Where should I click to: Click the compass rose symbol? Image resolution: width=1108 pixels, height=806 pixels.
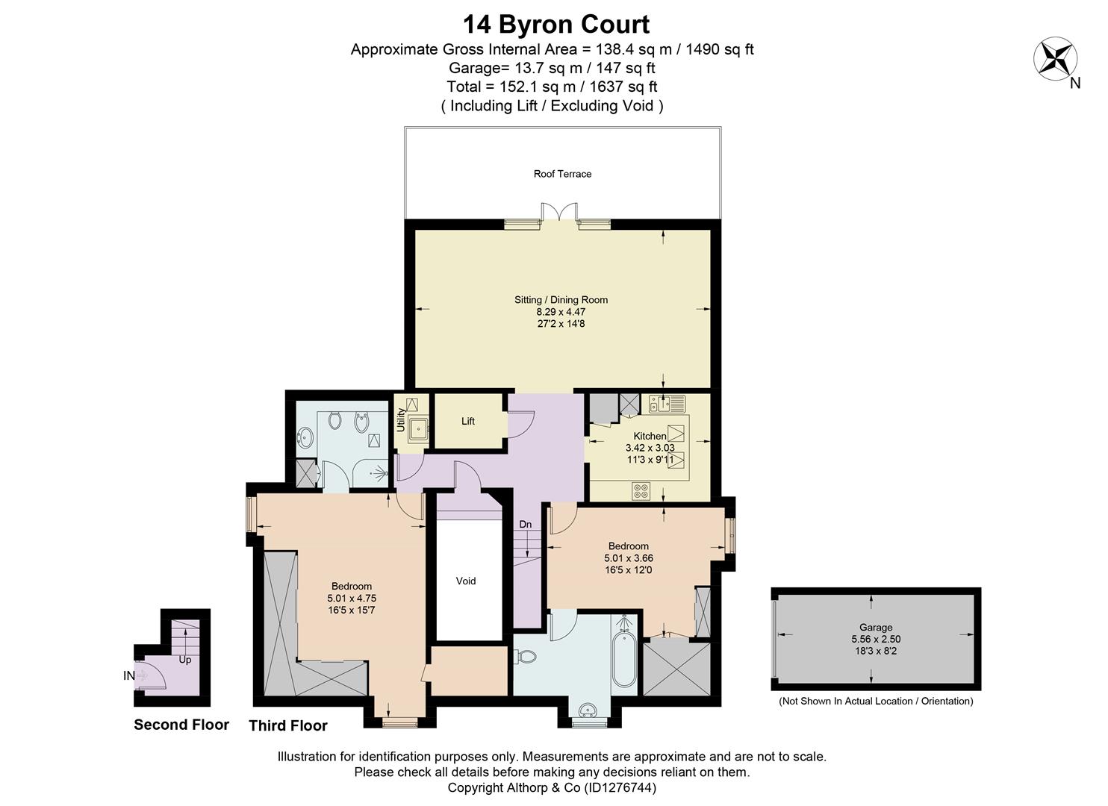click(1055, 58)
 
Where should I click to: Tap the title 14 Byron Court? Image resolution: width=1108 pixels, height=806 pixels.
click(556, 24)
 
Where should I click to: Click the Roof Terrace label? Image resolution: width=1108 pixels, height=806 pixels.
click(562, 174)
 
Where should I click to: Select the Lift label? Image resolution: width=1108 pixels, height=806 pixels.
click(468, 421)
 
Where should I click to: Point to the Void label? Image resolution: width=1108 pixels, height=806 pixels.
click(465, 581)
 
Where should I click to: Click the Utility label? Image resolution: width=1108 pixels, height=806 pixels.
click(401, 419)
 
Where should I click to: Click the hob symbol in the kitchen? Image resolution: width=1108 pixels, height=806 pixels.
click(641, 492)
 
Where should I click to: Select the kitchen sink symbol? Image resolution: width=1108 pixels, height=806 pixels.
click(667, 404)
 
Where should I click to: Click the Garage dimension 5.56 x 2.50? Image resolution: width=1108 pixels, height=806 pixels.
click(876, 639)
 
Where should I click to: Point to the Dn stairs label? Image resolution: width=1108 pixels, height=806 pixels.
click(526, 524)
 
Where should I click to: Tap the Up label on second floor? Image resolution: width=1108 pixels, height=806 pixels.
click(185, 660)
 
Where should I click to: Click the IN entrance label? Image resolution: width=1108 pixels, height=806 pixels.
click(128, 675)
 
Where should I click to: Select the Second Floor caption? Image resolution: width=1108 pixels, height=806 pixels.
click(181, 725)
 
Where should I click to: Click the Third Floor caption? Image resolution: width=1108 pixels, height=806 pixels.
click(288, 725)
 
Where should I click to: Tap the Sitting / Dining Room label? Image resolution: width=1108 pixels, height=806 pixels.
click(561, 300)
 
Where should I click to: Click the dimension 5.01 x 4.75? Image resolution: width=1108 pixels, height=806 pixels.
click(352, 599)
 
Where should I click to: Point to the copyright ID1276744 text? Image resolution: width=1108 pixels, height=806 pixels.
click(620, 787)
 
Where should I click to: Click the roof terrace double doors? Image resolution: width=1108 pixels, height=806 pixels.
click(559, 212)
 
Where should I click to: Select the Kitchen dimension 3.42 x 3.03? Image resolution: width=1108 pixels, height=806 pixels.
click(650, 448)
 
